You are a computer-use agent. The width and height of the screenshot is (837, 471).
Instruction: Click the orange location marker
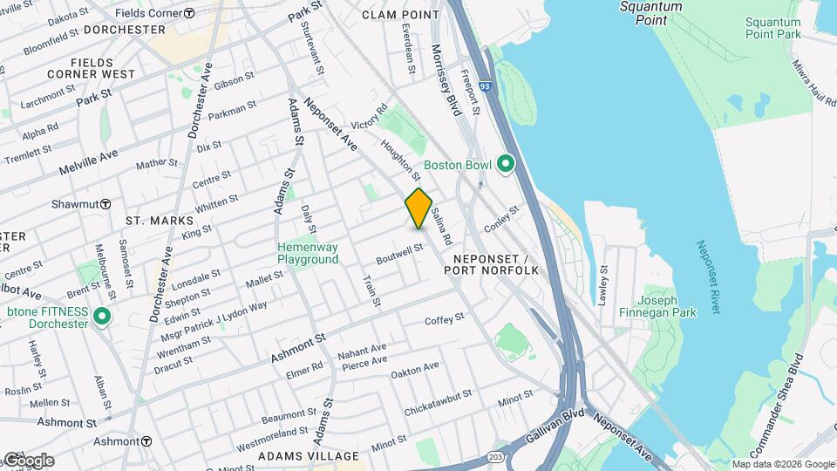pyautogui.click(x=418, y=208)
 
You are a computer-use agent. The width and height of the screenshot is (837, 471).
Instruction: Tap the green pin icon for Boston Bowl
pyautogui.click(x=505, y=164)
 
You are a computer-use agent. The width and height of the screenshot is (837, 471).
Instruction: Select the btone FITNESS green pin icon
pyautogui.click(x=103, y=317)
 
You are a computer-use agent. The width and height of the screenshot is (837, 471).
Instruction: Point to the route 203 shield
pyautogui.click(x=496, y=456)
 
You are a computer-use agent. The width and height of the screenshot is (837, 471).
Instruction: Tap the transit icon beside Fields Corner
pyautogui.click(x=190, y=13)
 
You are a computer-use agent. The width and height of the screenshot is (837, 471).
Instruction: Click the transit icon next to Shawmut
pyautogui.click(x=105, y=203)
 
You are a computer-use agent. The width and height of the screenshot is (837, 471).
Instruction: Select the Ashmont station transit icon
pyautogui.click(x=146, y=441)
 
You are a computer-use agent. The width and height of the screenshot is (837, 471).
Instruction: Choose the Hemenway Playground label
pyautogui.click(x=308, y=253)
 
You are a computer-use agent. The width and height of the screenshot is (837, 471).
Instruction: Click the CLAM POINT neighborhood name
pyautogui.click(x=400, y=15)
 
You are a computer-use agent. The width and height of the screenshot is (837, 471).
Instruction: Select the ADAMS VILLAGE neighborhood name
pyautogui.click(x=309, y=456)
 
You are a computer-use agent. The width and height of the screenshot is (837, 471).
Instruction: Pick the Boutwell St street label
pyautogui.click(x=399, y=254)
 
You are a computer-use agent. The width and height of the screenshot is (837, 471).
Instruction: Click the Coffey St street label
pyautogui.click(x=444, y=320)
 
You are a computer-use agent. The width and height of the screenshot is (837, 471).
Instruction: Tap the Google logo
pyautogui.click(x=28, y=461)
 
